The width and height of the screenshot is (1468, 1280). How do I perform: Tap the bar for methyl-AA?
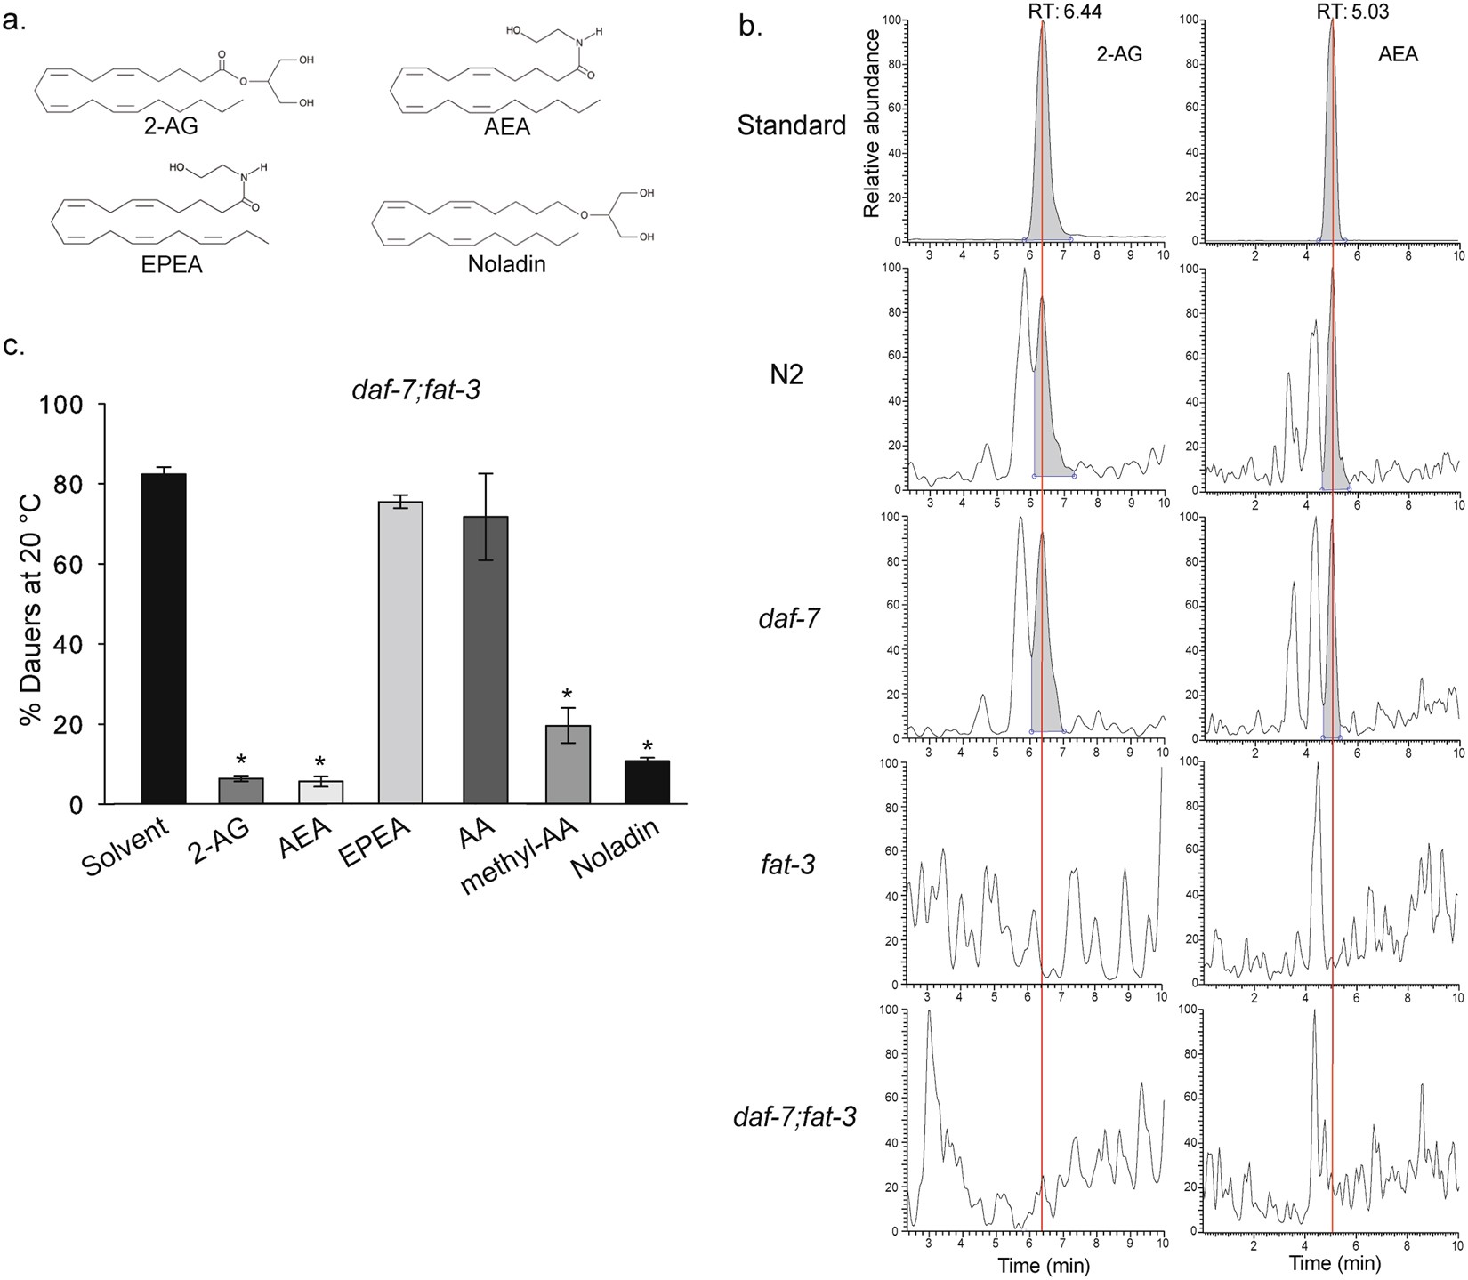(x=569, y=764)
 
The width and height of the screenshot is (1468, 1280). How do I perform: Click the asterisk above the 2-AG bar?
(x=241, y=761)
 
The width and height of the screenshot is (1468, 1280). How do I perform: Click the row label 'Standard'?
(x=792, y=125)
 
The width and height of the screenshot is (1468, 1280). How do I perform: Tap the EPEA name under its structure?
(x=173, y=264)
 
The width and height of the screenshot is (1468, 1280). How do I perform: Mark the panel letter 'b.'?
(x=751, y=26)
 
